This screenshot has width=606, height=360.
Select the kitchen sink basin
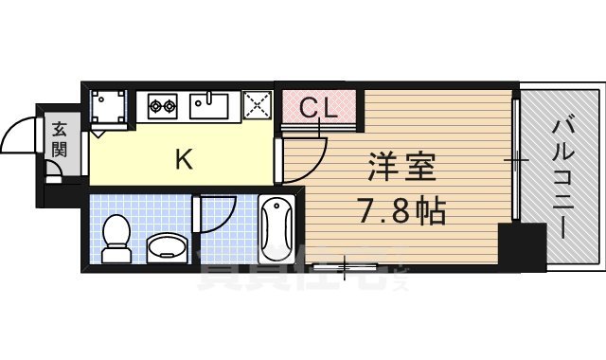pyautogui.click(x=209, y=105)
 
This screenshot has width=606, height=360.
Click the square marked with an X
pyautogui.click(x=256, y=104)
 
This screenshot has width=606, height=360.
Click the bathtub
pyautogui.click(x=276, y=227)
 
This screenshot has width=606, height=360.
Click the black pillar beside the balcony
pyautogui.click(x=523, y=246)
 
